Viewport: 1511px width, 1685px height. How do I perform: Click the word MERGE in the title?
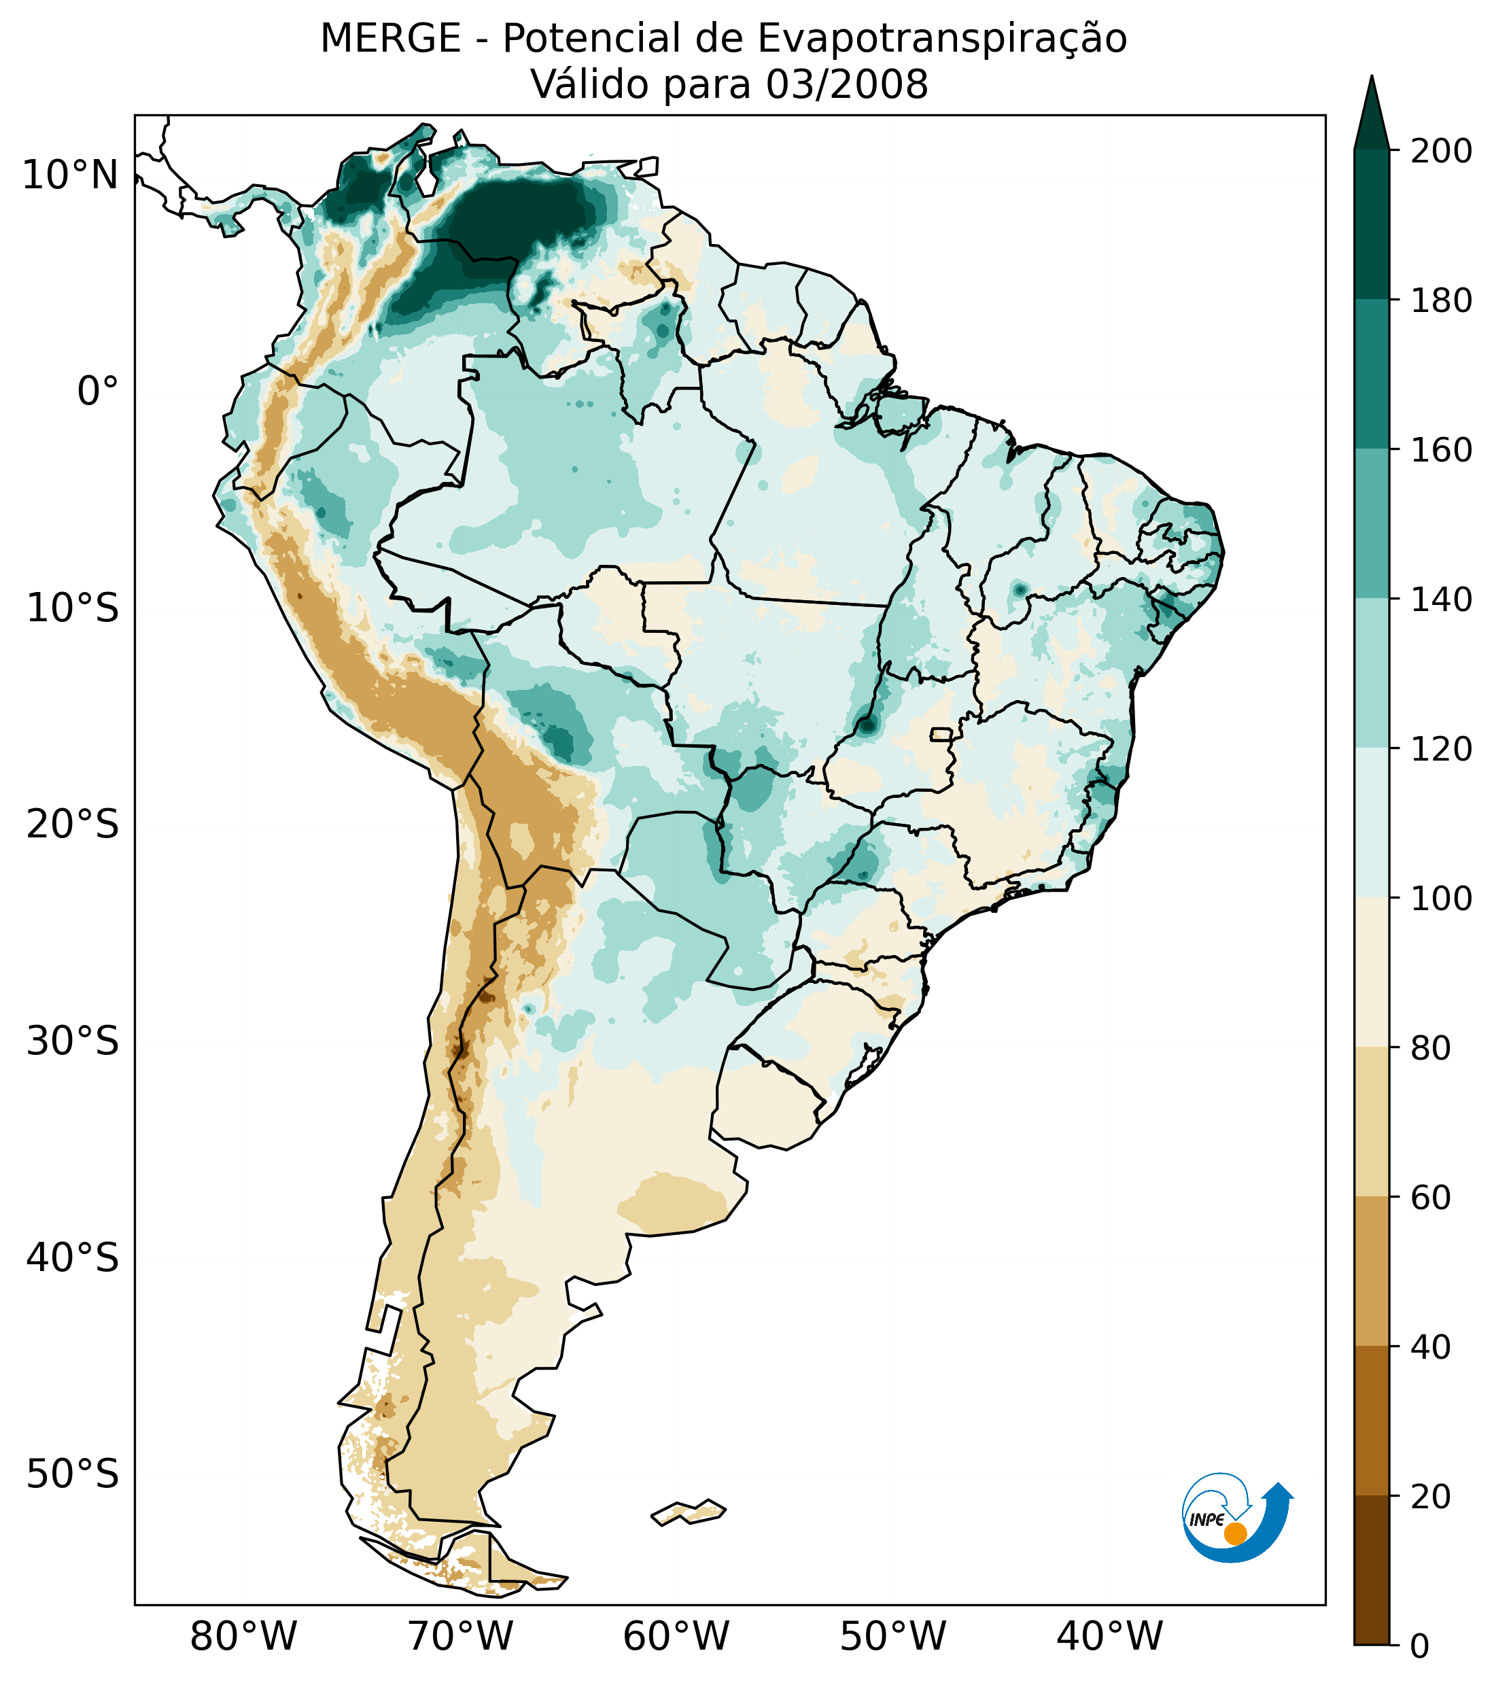(390, 39)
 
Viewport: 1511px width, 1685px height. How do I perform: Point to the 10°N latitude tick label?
(71, 175)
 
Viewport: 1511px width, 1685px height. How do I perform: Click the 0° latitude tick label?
(98, 391)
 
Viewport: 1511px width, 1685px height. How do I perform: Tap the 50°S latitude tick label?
(73, 1474)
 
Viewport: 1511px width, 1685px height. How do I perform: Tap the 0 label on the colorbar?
(1420, 1646)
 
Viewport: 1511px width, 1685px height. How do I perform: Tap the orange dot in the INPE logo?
(1234, 1533)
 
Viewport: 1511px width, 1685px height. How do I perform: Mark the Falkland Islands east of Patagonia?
(689, 1512)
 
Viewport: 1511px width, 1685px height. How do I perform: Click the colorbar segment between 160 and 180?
(1372, 375)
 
